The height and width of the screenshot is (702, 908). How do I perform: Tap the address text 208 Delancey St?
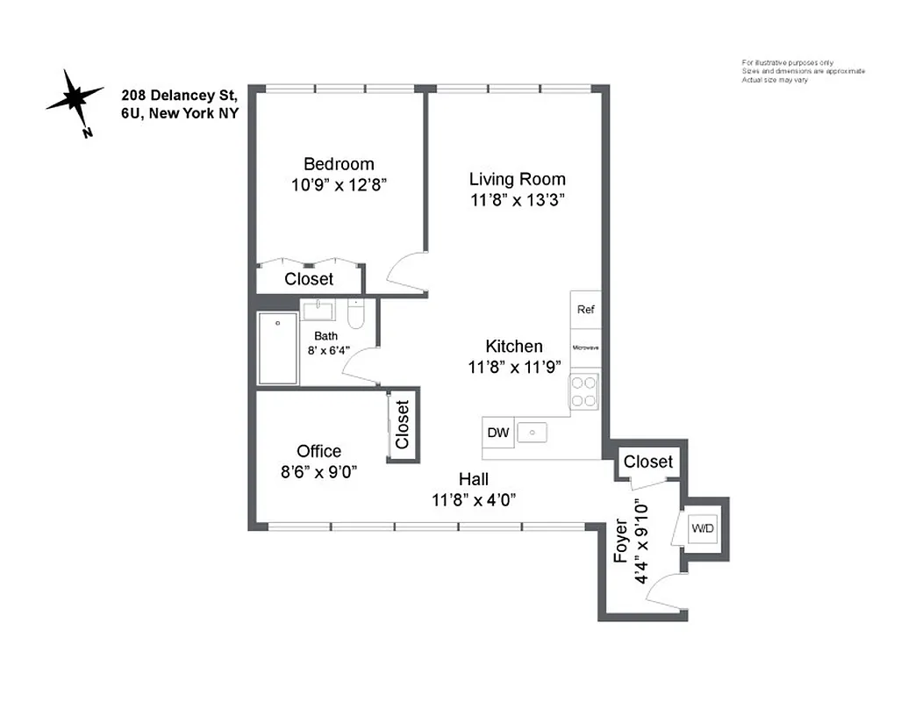(x=180, y=96)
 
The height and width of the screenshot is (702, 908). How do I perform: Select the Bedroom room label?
(x=339, y=164)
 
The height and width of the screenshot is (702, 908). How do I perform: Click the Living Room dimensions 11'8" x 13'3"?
(x=517, y=200)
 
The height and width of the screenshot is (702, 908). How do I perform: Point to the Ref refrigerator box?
(x=585, y=310)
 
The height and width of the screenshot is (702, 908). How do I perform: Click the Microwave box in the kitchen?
(x=585, y=347)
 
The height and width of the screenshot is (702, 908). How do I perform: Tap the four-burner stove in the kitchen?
(x=584, y=391)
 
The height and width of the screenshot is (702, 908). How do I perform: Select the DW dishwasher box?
(x=498, y=432)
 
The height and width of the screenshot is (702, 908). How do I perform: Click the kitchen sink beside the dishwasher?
(x=532, y=432)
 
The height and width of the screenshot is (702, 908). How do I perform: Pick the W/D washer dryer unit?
(x=703, y=528)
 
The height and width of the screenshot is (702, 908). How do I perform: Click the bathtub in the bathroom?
(x=278, y=348)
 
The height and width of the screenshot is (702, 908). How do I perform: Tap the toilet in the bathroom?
(x=355, y=314)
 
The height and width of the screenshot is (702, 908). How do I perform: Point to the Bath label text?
(x=325, y=335)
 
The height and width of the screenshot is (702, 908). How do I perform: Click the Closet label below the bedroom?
(x=309, y=279)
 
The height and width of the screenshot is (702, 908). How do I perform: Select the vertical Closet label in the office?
(x=402, y=425)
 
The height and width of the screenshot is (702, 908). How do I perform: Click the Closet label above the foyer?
(x=648, y=462)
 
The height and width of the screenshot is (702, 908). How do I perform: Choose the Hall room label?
(x=473, y=479)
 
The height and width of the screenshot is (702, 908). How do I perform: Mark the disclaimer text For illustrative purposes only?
(x=787, y=62)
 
